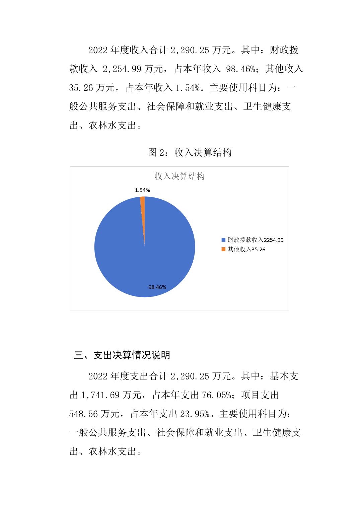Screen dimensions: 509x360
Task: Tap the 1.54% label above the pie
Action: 142,190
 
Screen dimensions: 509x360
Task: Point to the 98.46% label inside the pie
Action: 157,287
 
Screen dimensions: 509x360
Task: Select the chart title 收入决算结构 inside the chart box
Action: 179,176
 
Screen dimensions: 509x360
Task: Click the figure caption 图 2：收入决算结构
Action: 190,153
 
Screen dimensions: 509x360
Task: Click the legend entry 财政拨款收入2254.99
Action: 256,240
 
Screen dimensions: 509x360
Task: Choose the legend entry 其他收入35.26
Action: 246,249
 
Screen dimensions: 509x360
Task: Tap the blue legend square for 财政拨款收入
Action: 224,240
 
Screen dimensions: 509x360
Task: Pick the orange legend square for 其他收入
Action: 224,249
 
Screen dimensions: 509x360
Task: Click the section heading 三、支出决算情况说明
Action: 122,355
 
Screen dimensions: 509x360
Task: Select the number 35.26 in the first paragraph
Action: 81,88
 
